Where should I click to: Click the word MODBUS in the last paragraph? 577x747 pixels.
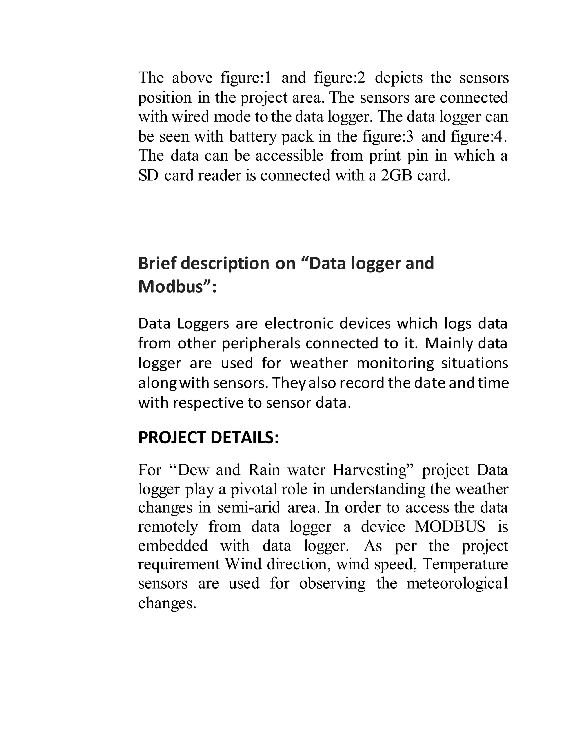tap(450, 527)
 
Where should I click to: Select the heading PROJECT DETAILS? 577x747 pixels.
tap(208, 438)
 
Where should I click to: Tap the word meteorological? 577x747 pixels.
tap(457, 583)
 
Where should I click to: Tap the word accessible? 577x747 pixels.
tap(289, 156)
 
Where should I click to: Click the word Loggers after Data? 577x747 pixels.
tap(203, 324)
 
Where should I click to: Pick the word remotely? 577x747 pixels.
tap(168, 527)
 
